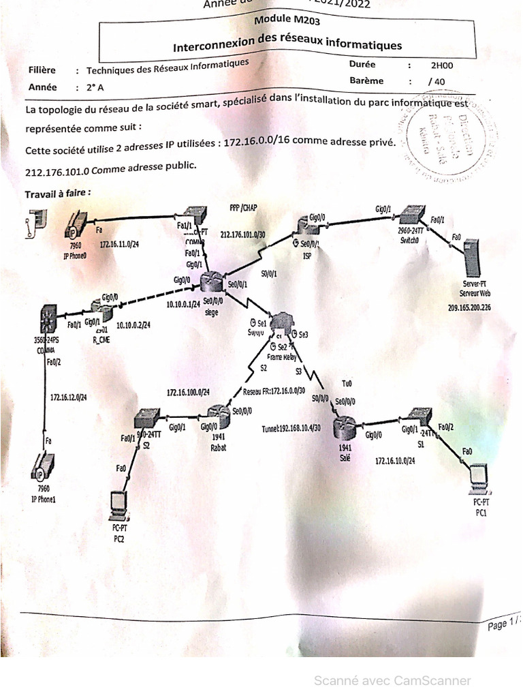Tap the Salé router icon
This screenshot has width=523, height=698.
click(345, 427)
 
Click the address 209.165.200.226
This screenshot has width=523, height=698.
click(469, 307)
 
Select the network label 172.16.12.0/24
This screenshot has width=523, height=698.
click(68, 397)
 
